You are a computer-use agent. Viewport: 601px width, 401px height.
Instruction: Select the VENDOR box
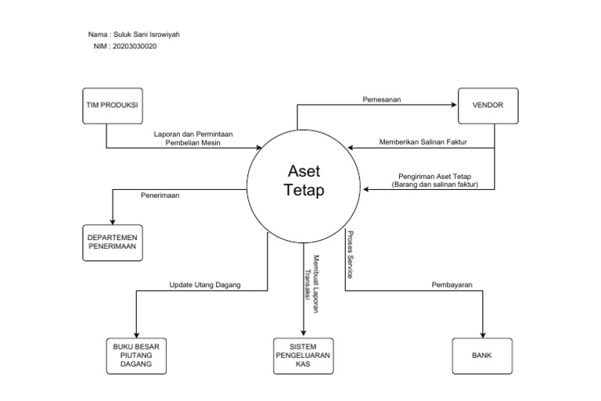pyautogui.click(x=488, y=104)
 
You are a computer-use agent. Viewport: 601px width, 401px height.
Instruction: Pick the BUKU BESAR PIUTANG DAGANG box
pyautogui.click(x=136, y=356)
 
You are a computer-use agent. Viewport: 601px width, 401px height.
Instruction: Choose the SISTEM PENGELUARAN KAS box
pyautogui.click(x=304, y=356)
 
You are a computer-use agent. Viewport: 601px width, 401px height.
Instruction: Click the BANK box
pyautogui.click(x=481, y=356)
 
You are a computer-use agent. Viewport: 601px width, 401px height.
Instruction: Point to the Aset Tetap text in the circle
pyautogui.click(x=304, y=181)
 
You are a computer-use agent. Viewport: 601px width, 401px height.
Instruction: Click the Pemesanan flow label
pyautogui.click(x=382, y=99)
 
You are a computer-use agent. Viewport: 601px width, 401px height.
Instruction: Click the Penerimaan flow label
pyautogui.click(x=160, y=195)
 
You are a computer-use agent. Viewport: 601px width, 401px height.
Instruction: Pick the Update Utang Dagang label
pyautogui.click(x=205, y=285)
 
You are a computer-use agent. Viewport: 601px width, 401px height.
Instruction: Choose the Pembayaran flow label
pyautogui.click(x=452, y=285)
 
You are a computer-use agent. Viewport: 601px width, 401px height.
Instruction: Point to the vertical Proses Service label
pyautogui.click(x=350, y=255)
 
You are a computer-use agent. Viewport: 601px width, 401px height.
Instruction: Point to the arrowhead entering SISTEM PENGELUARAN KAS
pyautogui.click(x=304, y=334)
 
